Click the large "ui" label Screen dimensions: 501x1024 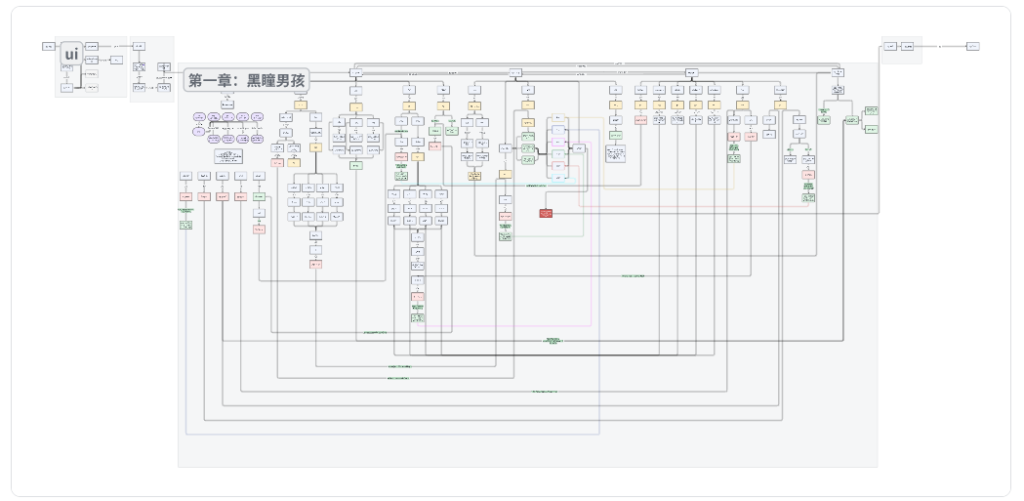click(x=71, y=55)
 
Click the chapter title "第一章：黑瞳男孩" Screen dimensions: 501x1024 click(x=246, y=81)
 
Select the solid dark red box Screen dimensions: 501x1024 click(x=546, y=213)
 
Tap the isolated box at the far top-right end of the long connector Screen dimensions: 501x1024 click(x=972, y=46)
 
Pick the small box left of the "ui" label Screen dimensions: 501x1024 click(x=49, y=46)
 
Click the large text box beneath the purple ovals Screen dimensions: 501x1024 click(x=228, y=156)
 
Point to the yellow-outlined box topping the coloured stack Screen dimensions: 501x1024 click(x=558, y=118)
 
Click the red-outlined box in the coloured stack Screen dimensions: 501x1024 click(x=558, y=166)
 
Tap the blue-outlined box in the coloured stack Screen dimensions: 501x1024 click(x=558, y=130)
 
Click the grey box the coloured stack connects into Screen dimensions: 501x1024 click(x=578, y=148)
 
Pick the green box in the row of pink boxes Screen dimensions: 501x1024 click(x=259, y=196)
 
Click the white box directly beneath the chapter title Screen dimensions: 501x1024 click(x=226, y=104)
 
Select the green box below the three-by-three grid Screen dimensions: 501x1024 click(x=355, y=166)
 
